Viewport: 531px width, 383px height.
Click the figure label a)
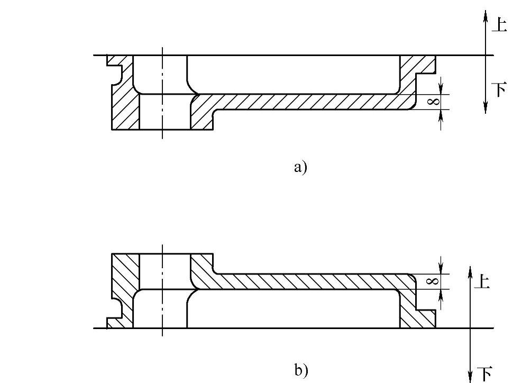tap(300, 168)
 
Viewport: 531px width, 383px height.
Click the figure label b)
tap(301, 370)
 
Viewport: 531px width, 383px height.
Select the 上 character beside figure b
tap(481, 281)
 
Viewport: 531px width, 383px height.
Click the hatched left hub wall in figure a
tap(125, 106)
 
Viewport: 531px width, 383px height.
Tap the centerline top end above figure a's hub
tap(162, 49)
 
